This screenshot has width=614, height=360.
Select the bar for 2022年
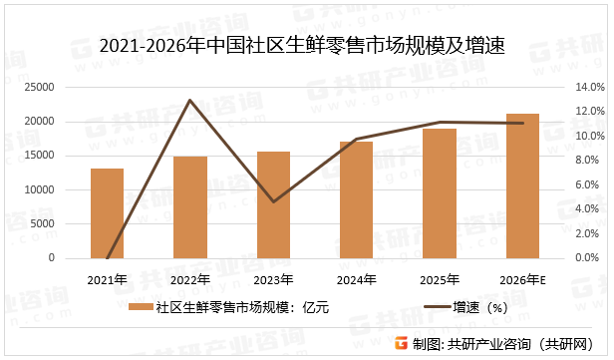click(189, 207)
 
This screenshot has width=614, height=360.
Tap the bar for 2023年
click(273, 204)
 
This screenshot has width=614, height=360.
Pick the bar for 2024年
click(356, 199)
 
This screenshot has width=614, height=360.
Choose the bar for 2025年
click(440, 193)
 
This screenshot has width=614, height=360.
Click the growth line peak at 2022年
click(189, 100)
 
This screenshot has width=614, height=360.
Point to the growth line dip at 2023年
click(273, 201)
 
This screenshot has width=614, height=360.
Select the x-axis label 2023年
click(273, 278)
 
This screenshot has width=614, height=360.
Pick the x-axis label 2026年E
click(524, 278)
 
